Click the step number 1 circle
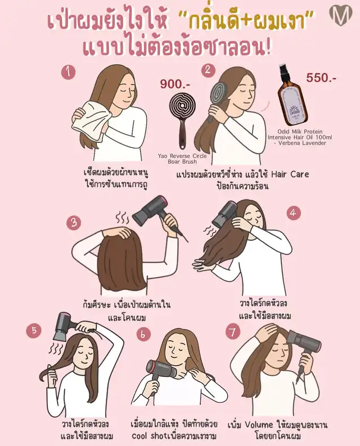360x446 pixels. tap(68, 72)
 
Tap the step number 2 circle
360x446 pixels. tap(209, 70)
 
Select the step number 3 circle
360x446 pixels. tap(74, 222)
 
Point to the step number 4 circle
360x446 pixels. tap(294, 213)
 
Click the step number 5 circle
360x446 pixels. tap(34, 331)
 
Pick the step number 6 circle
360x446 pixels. tap(143, 334)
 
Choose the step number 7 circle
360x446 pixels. tap(233, 332)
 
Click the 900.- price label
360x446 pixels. tap(175, 84)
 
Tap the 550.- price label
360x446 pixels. tap(321, 78)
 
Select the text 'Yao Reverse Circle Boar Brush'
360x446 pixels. tap(182, 159)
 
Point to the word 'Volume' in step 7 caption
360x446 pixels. tap(259, 425)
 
